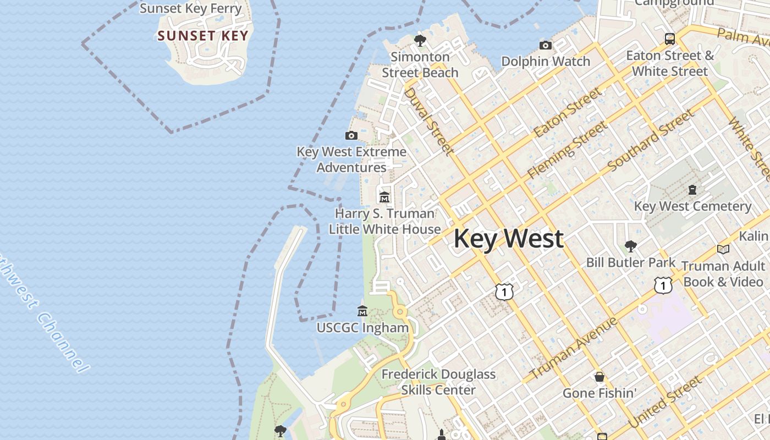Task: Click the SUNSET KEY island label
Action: click(x=202, y=36)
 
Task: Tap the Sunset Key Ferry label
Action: click(x=190, y=8)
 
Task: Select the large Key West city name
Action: click(x=508, y=239)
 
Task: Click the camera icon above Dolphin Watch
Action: click(x=546, y=45)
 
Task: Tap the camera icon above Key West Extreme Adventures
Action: click(x=351, y=135)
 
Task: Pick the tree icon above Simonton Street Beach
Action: click(x=420, y=40)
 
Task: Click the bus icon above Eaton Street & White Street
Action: click(x=669, y=39)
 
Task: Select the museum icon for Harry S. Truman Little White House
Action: click(x=384, y=197)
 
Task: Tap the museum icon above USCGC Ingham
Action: click(x=362, y=311)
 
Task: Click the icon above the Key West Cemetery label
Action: click(x=692, y=190)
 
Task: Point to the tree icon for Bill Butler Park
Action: click(x=630, y=246)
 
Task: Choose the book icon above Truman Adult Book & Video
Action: click(x=723, y=250)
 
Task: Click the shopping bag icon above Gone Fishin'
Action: click(x=599, y=377)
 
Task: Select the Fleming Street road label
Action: click(x=567, y=150)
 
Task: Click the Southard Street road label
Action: click(x=651, y=140)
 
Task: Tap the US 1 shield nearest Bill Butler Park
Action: click(x=663, y=285)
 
